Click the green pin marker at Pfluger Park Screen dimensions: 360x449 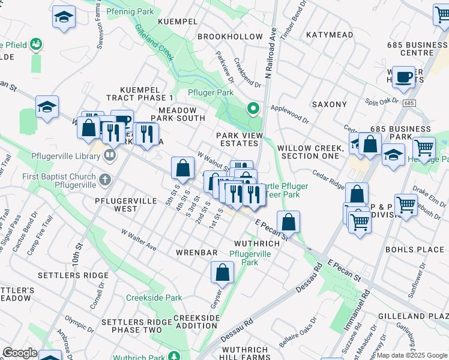(x=253, y=109)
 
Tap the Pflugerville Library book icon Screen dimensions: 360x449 (x=109, y=156)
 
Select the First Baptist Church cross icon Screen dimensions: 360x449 (x=104, y=179)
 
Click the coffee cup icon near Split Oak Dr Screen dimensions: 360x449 (x=403, y=77)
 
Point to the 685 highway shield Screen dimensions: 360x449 (x=409, y=103)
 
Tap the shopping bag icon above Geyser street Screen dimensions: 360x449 (x=222, y=273)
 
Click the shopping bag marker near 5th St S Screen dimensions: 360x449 (x=183, y=169)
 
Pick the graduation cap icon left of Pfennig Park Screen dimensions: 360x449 (x=63, y=17)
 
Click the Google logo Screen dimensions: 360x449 (x=20, y=353)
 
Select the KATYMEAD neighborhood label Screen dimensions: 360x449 (x=330, y=35)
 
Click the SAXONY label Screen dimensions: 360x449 (x=329, y=104)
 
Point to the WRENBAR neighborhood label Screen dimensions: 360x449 (x=196, y=253)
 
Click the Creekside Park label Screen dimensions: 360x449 (x=154, y=298)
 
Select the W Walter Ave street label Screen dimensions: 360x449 (x=139, y=239)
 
